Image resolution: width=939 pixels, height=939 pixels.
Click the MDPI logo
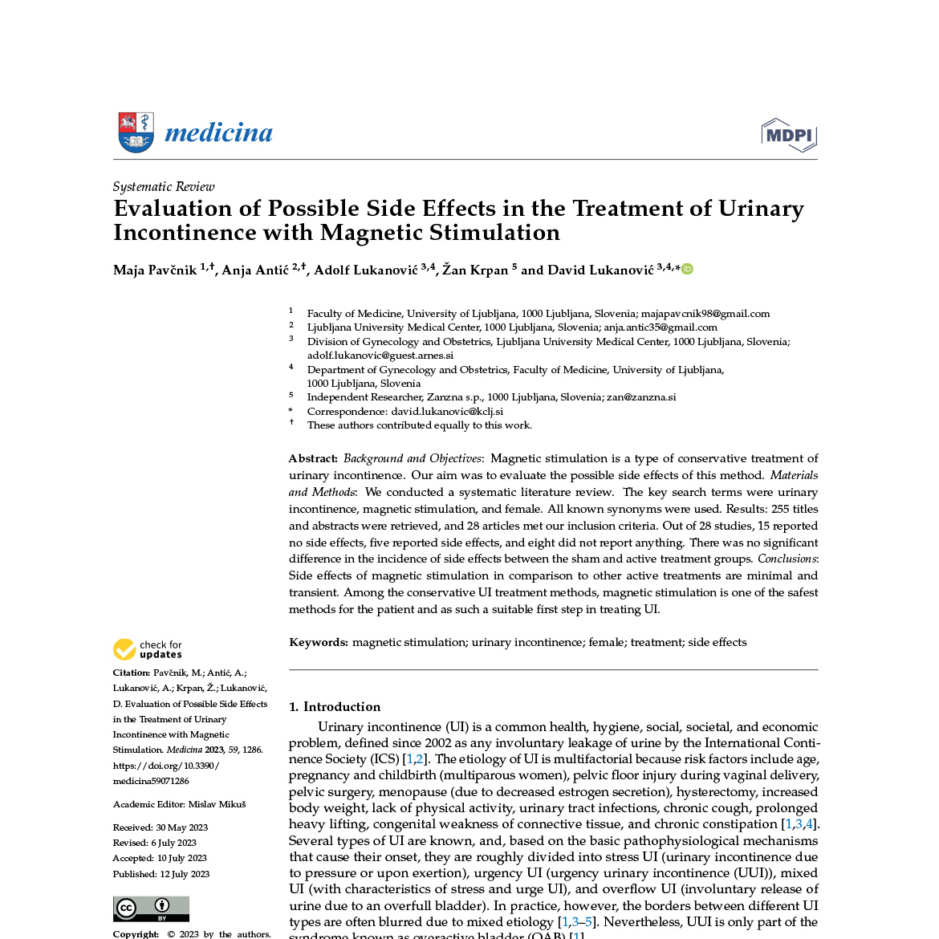[789, 135]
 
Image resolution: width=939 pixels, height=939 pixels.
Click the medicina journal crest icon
[136, 132]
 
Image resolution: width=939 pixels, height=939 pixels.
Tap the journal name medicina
[218, 132]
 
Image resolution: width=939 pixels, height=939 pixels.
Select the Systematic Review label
[164, 187]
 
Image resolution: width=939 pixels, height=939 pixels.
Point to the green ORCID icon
[687, 269]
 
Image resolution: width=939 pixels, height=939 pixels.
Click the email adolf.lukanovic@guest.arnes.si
[380, 356]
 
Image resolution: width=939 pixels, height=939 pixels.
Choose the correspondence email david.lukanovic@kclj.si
[447, 412]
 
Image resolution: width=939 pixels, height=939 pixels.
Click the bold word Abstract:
[313, 458]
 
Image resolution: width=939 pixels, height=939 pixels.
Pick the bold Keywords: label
[319, 642]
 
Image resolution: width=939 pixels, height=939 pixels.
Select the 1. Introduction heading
[335, 706]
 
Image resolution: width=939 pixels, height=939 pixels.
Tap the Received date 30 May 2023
[181, 827]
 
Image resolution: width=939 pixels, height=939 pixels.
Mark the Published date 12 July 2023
[185, 874]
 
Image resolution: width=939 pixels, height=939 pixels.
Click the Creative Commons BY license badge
[151, 909]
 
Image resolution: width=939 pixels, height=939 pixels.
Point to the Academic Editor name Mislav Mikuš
[217, 804]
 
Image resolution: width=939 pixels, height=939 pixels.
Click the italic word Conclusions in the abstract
[787, 559]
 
